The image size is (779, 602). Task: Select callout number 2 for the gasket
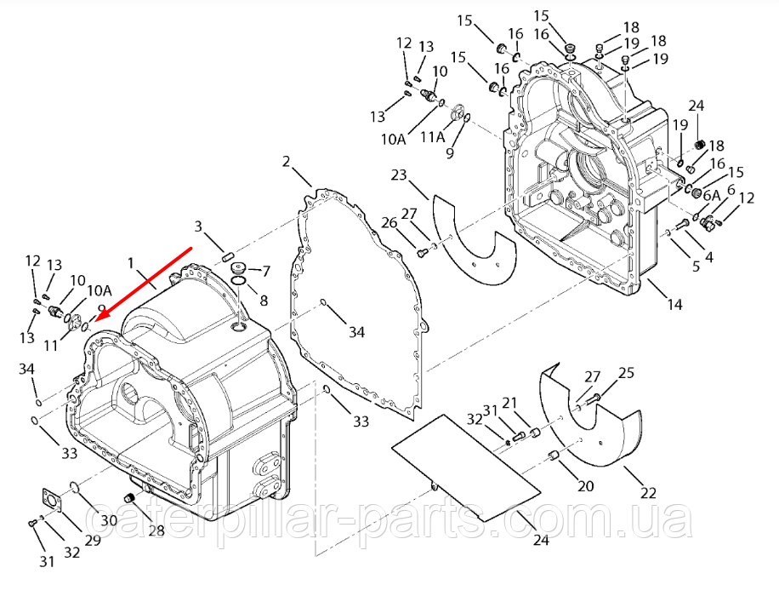[287, 162]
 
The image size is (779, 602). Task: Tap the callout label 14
[675, 303]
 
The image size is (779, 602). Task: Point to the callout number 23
[400, 176]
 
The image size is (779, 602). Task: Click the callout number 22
[649, 492]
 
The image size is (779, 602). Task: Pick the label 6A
[712, 194]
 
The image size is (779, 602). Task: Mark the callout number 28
[156, 530]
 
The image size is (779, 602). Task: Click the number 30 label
[110, 521]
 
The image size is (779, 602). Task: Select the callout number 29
[92, 539]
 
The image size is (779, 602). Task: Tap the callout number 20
[585, 486]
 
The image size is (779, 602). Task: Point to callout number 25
[626, 372]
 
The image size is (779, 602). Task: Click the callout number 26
[389, 223]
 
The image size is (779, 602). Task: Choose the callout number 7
[264, 272]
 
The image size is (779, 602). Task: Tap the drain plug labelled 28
[131, 497]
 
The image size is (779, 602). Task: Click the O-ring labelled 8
[240, 282]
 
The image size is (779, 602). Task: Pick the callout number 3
[198, 226]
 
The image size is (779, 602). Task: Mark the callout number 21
[533, 402]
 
